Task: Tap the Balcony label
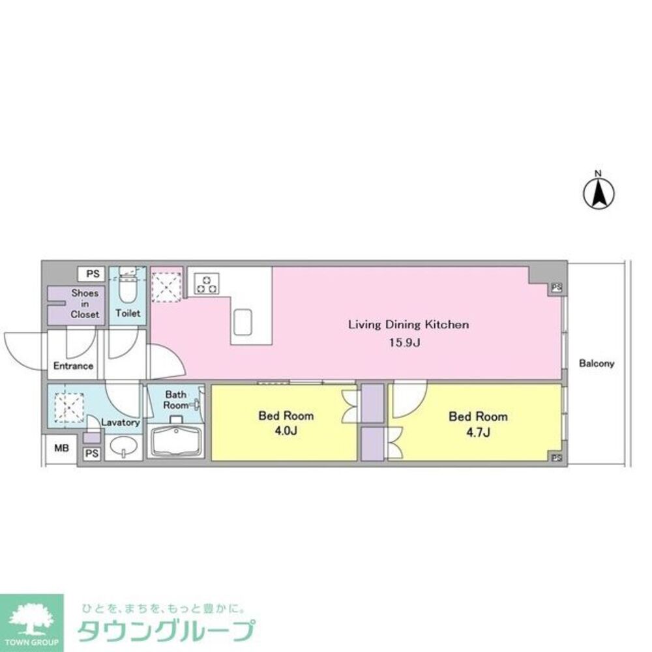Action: click(597, 364)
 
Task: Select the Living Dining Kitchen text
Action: click(408, 325)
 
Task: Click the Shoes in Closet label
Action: click(85, 304)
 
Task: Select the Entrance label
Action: click(73, 366)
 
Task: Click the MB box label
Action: click(60, 449)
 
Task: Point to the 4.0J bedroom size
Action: click(286, 431)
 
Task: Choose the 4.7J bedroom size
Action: click(479, 432)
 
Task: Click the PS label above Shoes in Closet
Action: click(92, 273)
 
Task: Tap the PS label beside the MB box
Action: click(91, 453)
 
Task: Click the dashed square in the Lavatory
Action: click(68, 404)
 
